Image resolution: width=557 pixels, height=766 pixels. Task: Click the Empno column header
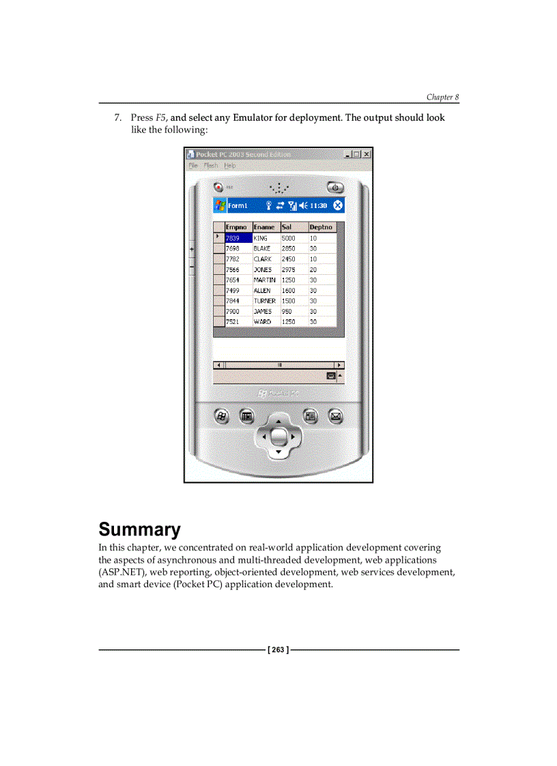pyautogui.click(x=236, y=227)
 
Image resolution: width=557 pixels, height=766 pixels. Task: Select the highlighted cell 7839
pyautogui.click(x=238, y=238)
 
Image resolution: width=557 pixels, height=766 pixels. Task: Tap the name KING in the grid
pyautogui.click(x=261, y=238)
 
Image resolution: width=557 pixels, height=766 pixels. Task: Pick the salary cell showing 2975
pyautogui.click(x=288, y=269)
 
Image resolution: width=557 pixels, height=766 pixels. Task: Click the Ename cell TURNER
pyautogui.click(x=265, y=301)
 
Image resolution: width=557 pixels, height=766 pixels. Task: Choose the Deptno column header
pyautogui.click(x=321, y=227)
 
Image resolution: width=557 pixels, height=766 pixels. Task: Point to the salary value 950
pyautogui.click(x=287, y=311)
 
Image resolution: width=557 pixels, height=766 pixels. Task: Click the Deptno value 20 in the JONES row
pyautogui.click(x=313, y=269)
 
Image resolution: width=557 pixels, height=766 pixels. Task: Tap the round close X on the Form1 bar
pyautogui.click(x=338, y=205)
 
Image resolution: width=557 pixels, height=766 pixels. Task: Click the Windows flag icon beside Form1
pyautogui.click(x=220, y=205)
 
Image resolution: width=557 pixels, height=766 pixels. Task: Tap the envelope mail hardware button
pyautogui.click(x=335, y=415)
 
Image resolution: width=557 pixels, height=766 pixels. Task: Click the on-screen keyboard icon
pyautogui.click(x=331, y=376)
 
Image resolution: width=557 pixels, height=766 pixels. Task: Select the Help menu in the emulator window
pyautogui.click(x=230, y=166)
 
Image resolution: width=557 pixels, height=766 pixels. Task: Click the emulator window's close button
pyautogui.click(x=367, y=154)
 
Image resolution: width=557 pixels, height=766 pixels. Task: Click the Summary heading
pyautogui.click(x=140, y=529)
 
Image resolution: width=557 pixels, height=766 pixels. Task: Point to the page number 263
pyautogui.click(x=278, y=650)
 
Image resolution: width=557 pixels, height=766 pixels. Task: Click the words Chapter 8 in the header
pyautogui.click(x=443, y=98)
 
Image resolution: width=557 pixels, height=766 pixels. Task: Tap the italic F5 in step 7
pyautogui.click(x=161, y=117)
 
